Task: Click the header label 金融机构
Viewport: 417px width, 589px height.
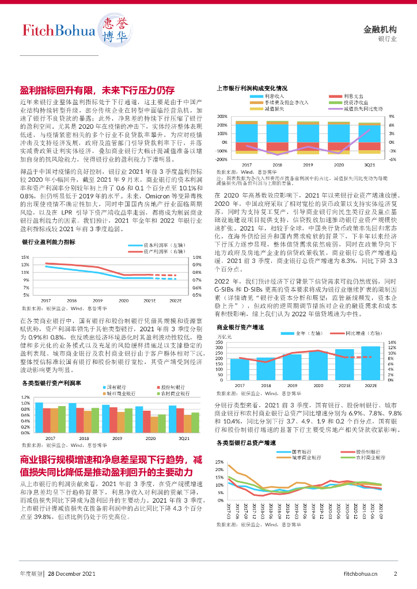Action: point(380,29)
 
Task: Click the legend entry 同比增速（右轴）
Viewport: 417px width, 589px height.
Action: point(365,333)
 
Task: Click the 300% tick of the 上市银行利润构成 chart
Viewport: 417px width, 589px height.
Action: point(222,116)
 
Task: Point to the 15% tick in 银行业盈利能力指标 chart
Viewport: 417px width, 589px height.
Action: point(26,257)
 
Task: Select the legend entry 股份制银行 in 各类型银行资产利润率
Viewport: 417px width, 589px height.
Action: point(173,387)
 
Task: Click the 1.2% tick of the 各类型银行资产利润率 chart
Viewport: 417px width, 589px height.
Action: point(25,397)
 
